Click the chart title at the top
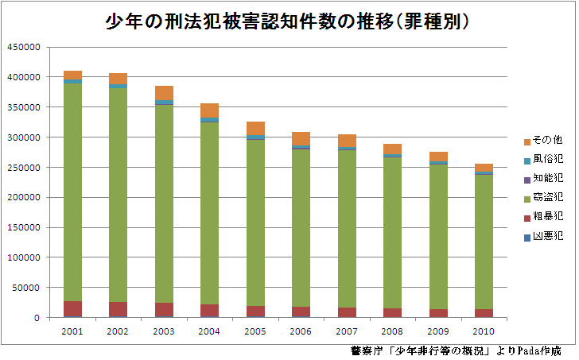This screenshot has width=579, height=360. click(x=289, y=21)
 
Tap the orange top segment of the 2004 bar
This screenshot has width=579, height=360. click(x=210, y=110)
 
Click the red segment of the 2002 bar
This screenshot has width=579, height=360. click(x=118, y=308)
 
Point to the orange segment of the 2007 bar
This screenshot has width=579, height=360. click(x=347, y=140)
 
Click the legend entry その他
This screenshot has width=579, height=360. click(x=548, y=141)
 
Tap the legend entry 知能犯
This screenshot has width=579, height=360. click(x=548, y=180)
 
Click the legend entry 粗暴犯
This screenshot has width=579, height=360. click(x=548, y=217)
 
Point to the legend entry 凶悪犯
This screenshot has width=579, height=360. click(x=548, y=236)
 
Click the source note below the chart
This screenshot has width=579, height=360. click(x=455, y=350)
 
